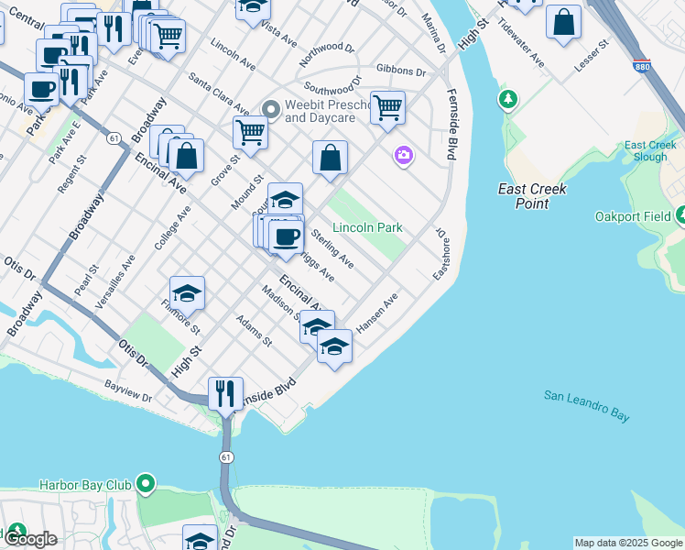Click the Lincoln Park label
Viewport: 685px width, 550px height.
click(x=367, y=227)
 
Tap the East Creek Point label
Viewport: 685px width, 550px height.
click(x=532, y=196)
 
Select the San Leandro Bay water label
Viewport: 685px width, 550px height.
click(x=587, y=405)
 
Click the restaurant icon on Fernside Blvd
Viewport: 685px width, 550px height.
click(x=225, y=393)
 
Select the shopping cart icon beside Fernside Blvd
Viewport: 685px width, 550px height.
click(x=388, y=107)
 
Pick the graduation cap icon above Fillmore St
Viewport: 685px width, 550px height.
click(x=187, y=292)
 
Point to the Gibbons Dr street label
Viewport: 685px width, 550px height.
click(x=401, y=71)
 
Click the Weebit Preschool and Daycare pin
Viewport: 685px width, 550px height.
click(x=270, y=110)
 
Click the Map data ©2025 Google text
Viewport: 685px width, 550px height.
click(x=628, y=543)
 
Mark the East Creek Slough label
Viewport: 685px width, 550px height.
click(x=650, y=150)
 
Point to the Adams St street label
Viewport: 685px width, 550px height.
click(x=255, y=332)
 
